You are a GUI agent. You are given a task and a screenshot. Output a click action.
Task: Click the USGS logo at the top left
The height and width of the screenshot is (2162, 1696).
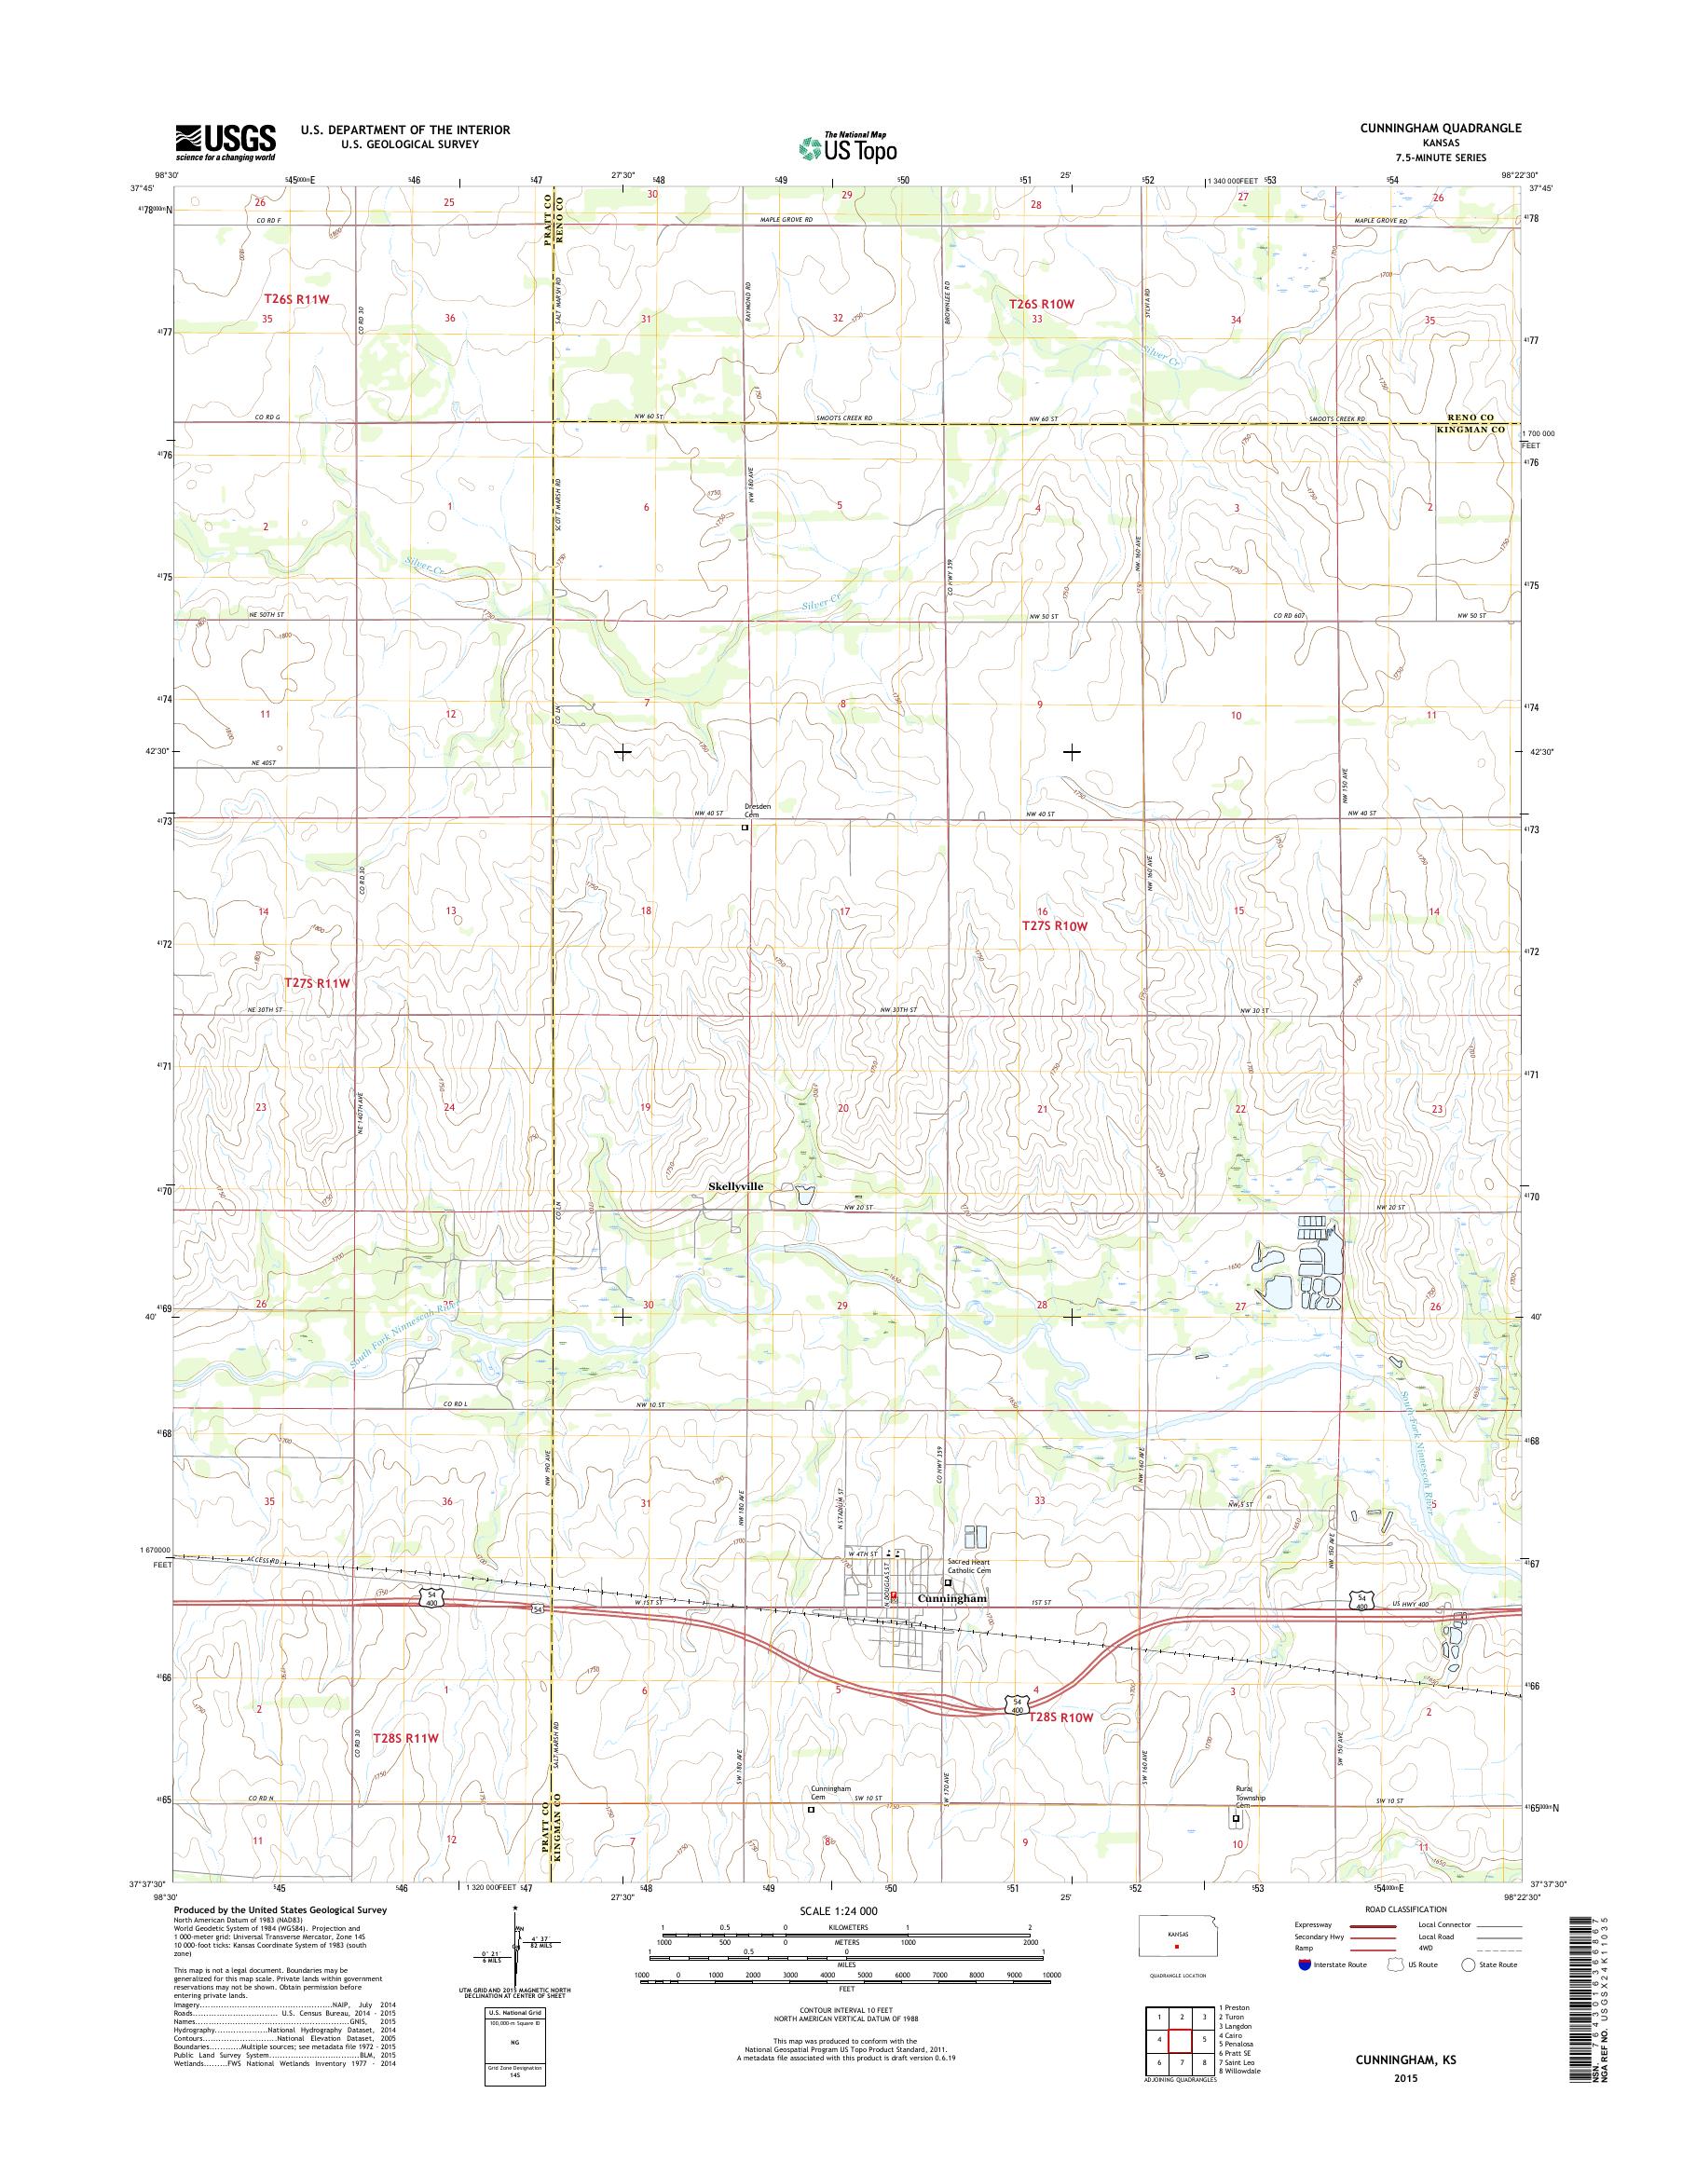point(226,142)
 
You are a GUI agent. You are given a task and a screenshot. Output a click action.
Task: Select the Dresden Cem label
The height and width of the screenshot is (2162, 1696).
point(758,811)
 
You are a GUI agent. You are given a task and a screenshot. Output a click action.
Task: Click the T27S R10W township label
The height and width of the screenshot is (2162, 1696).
point(1056,925)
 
